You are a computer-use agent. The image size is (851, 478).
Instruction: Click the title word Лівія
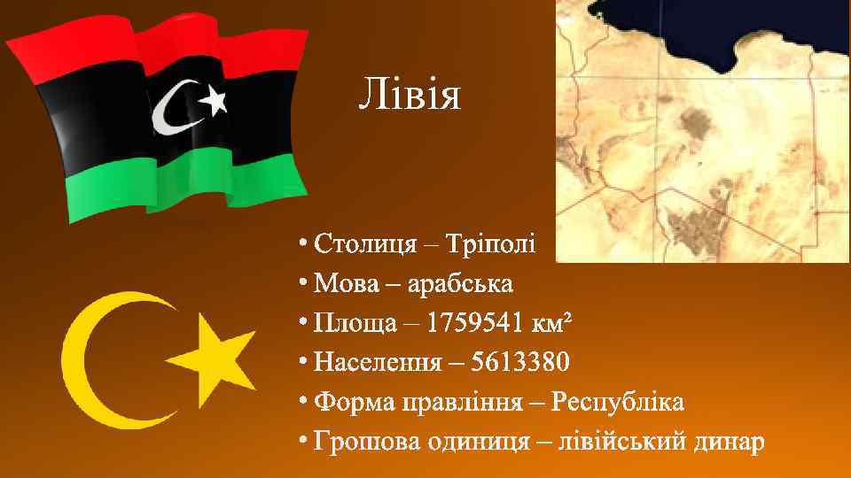[x=410, y=94]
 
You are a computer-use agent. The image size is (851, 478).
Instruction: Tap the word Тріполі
[x=491, y=243]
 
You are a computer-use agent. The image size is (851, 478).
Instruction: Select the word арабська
[x=462, y=284]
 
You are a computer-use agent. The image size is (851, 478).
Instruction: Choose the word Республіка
[x=617, y=403]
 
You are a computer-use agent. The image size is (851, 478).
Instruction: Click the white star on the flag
[x=213, y=104]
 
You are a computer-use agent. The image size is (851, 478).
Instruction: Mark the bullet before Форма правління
[x=303, y=403]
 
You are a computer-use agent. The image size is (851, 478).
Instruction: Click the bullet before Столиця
[x=303, y=243]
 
